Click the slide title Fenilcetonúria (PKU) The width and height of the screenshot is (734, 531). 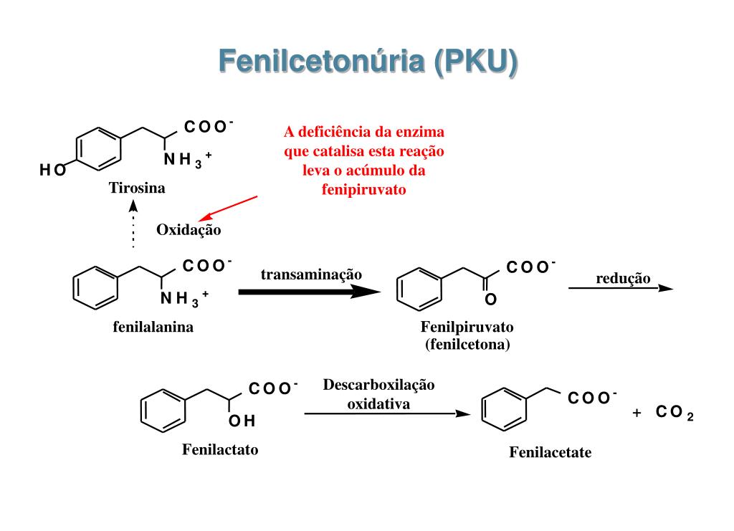[x=367, y=62]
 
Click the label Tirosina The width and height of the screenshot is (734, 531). [x=137, y=188]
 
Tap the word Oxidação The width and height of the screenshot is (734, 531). [x=189, y=230]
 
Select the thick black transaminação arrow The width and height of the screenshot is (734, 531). [x=308, y=292]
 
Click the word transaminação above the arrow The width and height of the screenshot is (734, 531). [x=311, y=274]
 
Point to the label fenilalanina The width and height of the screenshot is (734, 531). [x=153, y=327]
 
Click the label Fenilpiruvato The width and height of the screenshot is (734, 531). [x=467, y=327]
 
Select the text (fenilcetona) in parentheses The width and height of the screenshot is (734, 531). [x=467, y=344]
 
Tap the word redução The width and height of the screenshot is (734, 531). [x=623, y=278]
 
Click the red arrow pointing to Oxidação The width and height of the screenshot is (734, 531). [x=228, y=208]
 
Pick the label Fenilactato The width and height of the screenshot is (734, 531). [x=220, y=450]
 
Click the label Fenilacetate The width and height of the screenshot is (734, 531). [x=550, y=453]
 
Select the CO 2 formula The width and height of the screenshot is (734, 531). [x=674, y=414]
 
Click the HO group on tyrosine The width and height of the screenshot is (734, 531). [x=52, y=171]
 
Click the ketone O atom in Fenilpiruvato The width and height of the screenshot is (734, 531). [x=490, y=298]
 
